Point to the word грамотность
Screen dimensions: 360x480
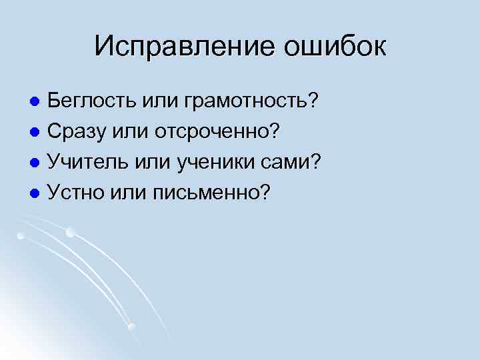click(x=244, y=102)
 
